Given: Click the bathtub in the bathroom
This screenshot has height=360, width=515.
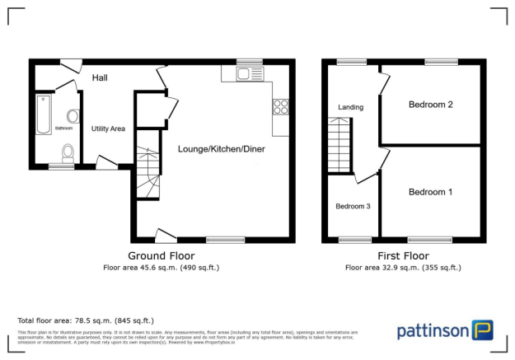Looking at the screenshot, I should tap(43, 114).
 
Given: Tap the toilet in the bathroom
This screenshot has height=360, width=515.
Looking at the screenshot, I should tap(68, 152).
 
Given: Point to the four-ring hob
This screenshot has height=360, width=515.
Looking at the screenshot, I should tap(280, 106).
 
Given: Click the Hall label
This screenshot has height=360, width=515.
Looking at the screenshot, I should tap(101, 77).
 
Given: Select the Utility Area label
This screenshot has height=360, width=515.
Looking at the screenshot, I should tap(108, 129).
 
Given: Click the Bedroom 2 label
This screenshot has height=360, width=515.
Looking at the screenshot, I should tap(430, 105).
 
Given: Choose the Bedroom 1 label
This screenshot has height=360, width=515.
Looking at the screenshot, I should tap(430, 192).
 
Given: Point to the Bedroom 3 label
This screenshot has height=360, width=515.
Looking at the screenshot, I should tap(352, 207).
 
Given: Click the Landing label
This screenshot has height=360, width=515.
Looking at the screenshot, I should tap(350, 107).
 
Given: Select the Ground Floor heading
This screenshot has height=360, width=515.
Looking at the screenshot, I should tap(161, 255).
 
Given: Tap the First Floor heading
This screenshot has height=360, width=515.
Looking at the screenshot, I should tap(402, 255).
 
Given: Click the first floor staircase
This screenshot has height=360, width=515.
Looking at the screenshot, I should tap(339, 145).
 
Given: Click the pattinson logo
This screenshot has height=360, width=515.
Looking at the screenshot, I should tap(445, 331).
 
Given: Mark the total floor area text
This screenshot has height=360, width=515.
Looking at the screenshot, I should tap(86, 320).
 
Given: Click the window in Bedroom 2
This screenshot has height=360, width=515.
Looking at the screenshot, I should tap(441, 62).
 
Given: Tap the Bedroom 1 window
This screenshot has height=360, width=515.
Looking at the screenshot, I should tap(429, 240).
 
